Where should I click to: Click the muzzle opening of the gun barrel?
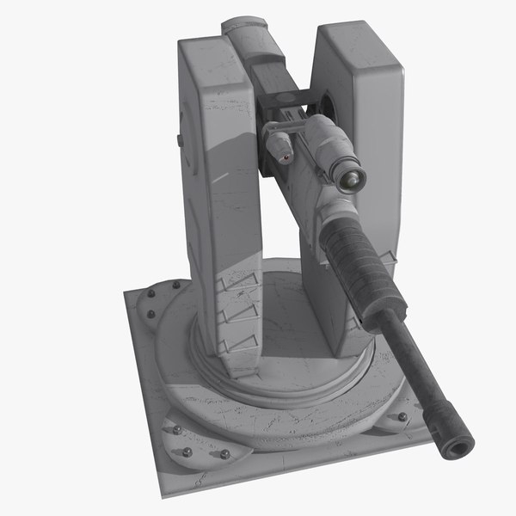(x=462, y=443)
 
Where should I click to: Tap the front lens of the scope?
(x=351, y=178)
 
